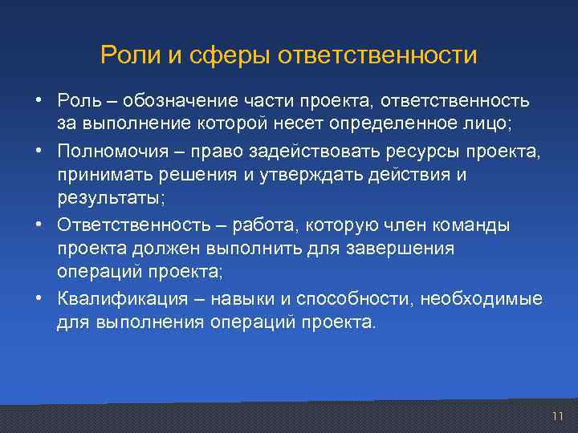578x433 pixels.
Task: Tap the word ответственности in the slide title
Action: click(377, 55)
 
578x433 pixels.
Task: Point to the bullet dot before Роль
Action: click(39, 101)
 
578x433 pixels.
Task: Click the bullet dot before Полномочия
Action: click(39, 151)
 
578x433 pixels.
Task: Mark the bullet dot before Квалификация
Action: click(39, 299)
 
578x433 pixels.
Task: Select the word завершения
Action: click(409, 249)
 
